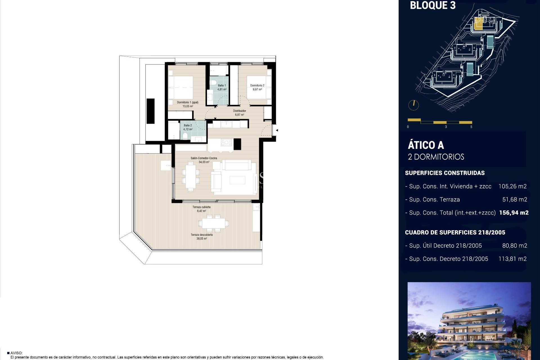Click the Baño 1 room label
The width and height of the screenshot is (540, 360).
222,85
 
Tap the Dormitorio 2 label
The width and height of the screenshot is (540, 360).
257,85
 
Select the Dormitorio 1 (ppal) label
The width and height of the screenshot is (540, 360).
188,102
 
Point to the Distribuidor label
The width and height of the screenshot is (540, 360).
240,111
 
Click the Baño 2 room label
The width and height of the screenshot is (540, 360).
188,125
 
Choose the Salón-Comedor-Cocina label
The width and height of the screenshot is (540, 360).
204,158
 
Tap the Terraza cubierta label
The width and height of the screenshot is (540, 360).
201,207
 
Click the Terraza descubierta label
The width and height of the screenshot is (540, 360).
202,235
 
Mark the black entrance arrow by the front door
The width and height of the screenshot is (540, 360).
277,130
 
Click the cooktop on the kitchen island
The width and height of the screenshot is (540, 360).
226,143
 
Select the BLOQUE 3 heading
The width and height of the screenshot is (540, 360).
433,6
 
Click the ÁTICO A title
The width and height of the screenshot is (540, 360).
426,145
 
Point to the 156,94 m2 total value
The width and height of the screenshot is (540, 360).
514,213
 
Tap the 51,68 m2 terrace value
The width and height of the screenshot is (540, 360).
515,199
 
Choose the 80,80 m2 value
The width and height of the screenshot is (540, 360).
515,246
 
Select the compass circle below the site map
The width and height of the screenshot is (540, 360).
413,105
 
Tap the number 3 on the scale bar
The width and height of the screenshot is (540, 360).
446,127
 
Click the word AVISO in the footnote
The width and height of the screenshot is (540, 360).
16,353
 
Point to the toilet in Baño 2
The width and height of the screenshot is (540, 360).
185,136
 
